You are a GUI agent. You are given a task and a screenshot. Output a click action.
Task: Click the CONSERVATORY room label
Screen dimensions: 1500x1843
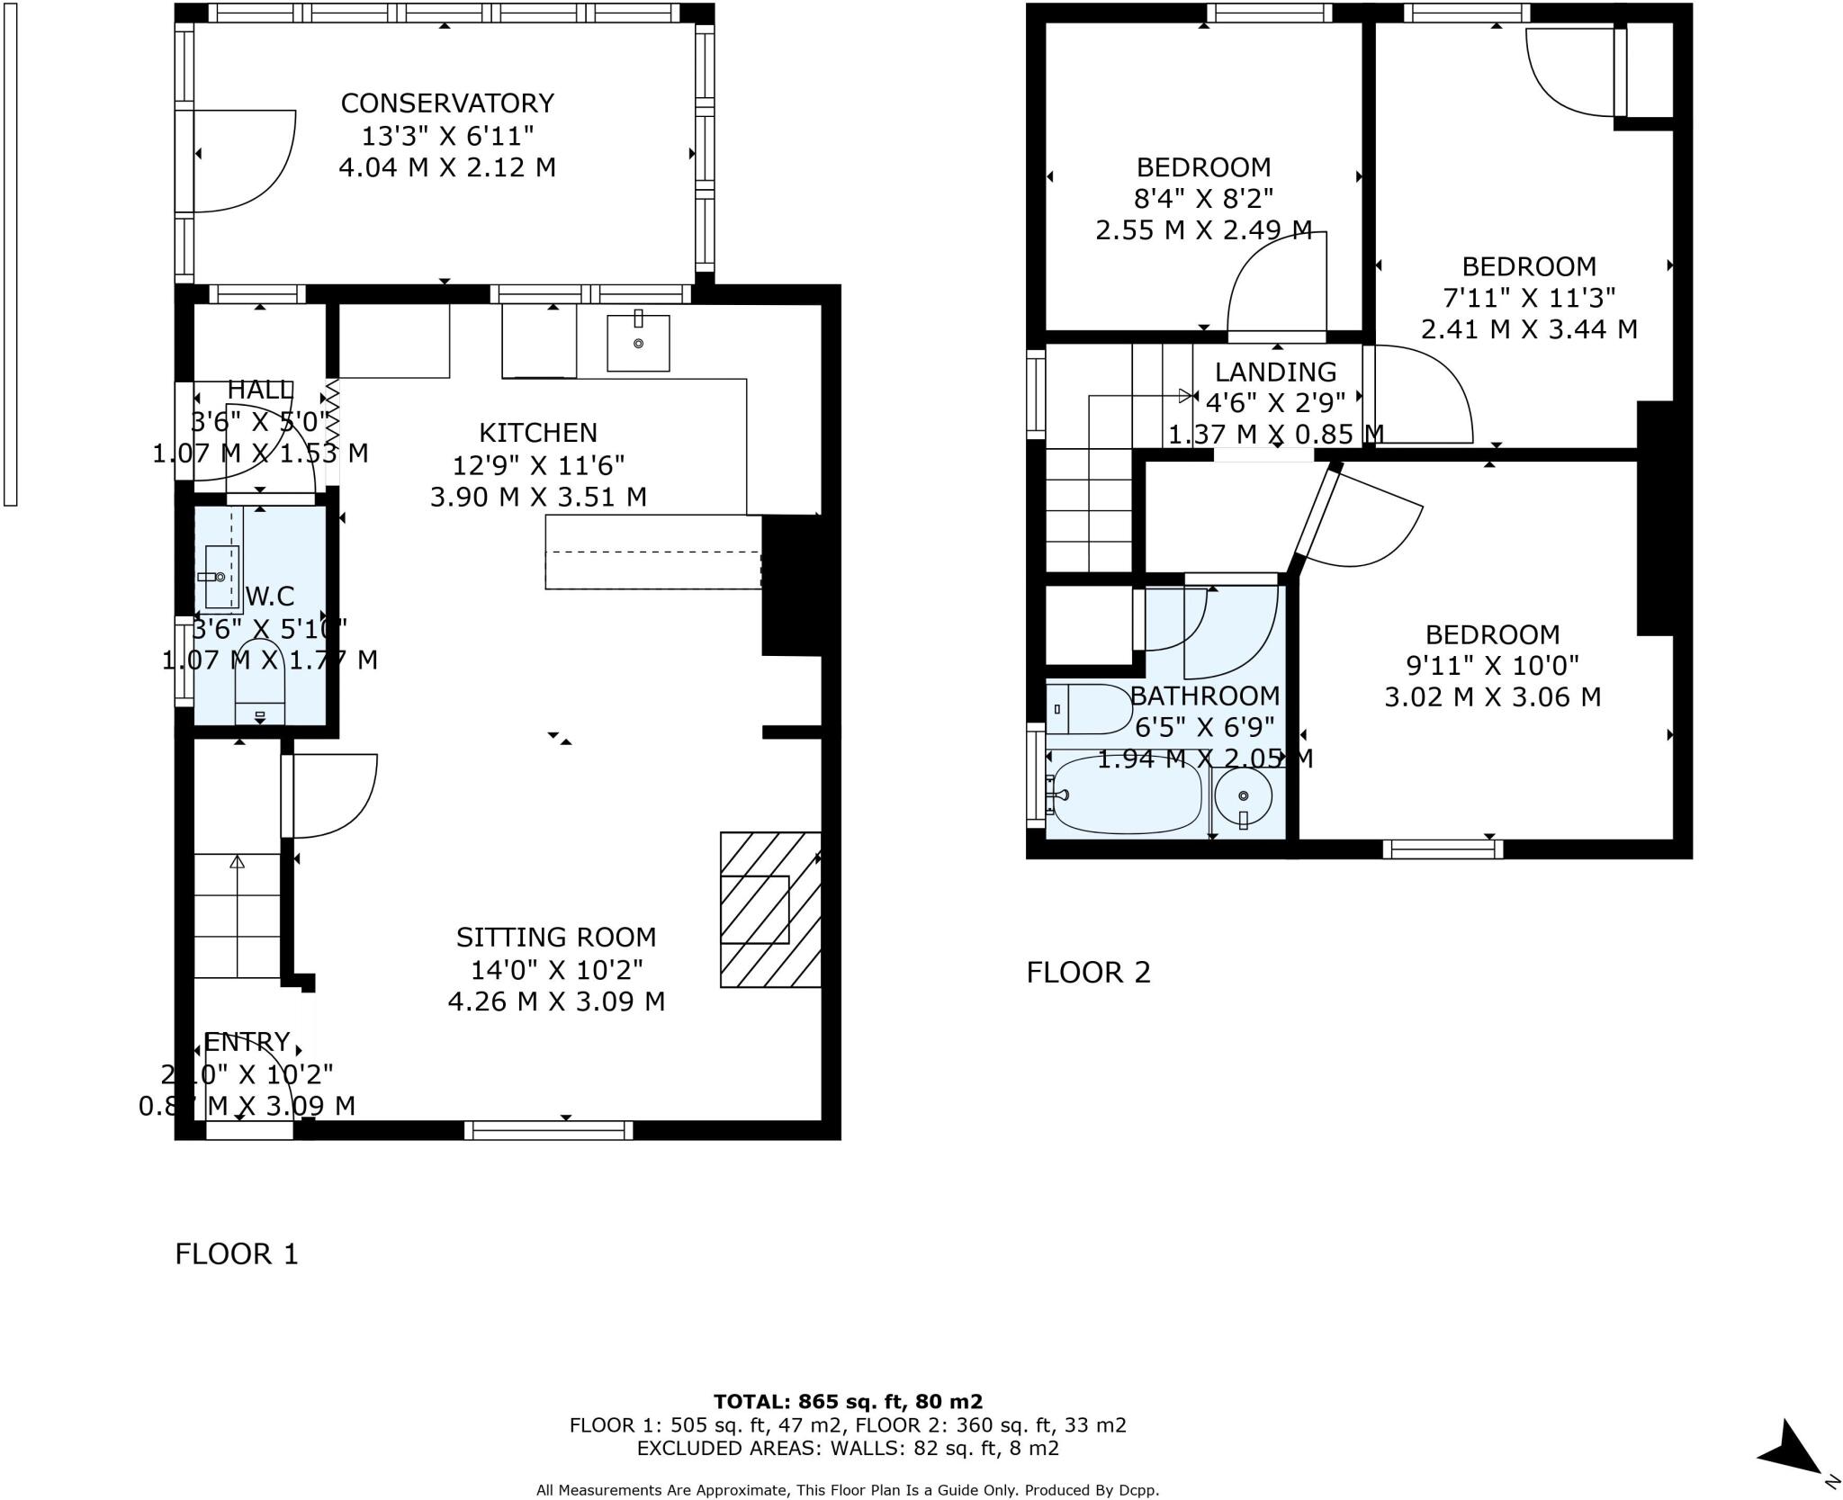click(446, 103)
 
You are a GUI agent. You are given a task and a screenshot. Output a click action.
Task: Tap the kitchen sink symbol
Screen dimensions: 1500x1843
click(638, 343)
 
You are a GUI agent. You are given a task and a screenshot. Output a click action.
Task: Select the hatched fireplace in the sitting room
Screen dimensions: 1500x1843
click(770, 909)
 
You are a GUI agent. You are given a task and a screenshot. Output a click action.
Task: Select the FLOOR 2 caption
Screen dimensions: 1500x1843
click(1088, 972)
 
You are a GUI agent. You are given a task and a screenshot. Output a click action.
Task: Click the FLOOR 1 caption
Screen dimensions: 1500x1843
click(236, 1253)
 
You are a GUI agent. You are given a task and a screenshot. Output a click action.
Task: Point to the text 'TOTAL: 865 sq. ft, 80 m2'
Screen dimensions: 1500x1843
click(848, 1401)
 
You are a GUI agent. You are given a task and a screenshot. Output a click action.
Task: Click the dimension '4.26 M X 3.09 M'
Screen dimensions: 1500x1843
click(556, 1001)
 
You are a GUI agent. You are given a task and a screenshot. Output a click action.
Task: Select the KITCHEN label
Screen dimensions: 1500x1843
click(537, 433)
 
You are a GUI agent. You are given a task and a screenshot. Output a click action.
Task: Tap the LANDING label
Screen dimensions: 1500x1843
click(1275, 372)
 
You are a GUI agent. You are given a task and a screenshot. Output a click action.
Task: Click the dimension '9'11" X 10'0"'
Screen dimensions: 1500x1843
click(1492, 666)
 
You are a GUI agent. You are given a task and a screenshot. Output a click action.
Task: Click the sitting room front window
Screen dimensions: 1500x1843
click(549, 1130)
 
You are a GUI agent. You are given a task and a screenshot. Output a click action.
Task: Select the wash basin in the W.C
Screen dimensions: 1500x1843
click(221, 576)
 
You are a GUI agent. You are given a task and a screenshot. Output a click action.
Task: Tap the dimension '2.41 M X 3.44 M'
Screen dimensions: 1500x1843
click(1528, 329)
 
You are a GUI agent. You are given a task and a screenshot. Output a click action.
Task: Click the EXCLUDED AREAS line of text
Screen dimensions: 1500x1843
click(848, 1449)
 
